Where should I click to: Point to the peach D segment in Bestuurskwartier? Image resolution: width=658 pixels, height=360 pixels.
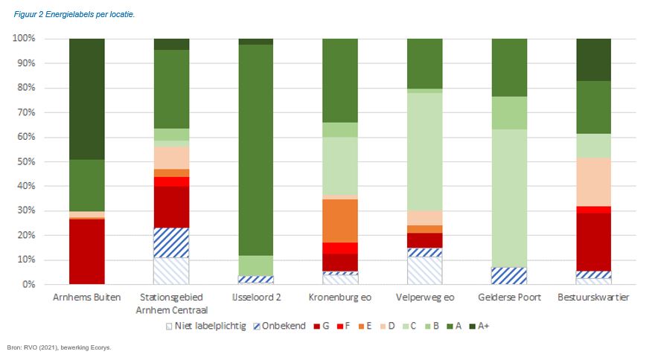[593, 181]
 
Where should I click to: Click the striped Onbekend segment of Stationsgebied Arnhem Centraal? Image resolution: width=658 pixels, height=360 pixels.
[171, 242]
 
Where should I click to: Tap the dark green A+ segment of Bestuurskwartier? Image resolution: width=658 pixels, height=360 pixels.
[593, 60]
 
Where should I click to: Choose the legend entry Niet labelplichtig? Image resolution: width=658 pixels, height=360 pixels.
[208, 326]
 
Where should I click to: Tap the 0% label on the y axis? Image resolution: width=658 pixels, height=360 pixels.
[29, 284]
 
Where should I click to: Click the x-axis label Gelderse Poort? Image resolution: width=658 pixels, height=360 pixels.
[509, 298]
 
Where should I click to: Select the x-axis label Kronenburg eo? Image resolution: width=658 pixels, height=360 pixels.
[340, 298]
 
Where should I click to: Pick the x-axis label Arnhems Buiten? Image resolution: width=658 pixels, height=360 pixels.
[86, 298]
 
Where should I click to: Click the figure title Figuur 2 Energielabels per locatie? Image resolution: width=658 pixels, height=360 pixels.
[74, 15]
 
